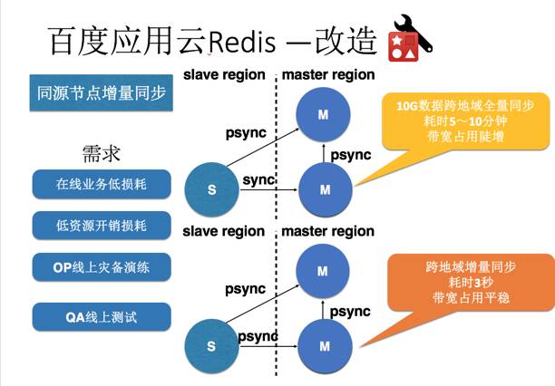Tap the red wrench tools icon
pos(410,37)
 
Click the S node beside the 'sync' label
pos(211,190)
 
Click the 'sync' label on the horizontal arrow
pos(258,180)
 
